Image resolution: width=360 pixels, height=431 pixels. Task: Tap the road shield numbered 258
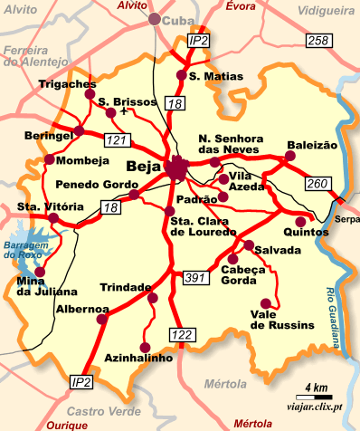pos(317,41)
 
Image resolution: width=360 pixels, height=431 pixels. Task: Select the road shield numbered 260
pos(317,185)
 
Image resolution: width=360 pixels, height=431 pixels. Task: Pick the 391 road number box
pos(195,276)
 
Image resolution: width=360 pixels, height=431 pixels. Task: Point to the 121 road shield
pos(117,140)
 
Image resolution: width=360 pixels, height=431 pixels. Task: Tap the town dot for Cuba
pos(156,19)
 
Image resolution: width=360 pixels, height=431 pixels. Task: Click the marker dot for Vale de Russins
pos(265,303)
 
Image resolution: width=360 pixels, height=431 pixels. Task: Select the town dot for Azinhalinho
pos(146,345)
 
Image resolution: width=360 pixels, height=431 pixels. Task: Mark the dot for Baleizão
pos(290,156)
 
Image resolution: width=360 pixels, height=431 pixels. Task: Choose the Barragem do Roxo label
pos(24,250)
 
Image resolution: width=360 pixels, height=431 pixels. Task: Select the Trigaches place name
pos(68,84)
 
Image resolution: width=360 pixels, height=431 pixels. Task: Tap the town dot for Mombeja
pos(49,160)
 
